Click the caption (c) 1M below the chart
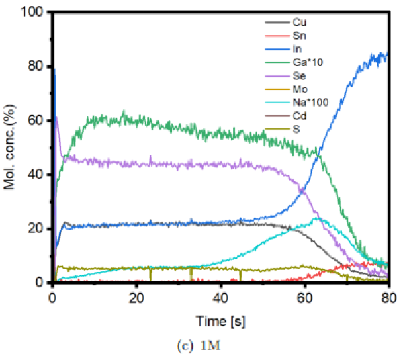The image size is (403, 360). point(221,346)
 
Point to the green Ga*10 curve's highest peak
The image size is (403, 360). point(123,111)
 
